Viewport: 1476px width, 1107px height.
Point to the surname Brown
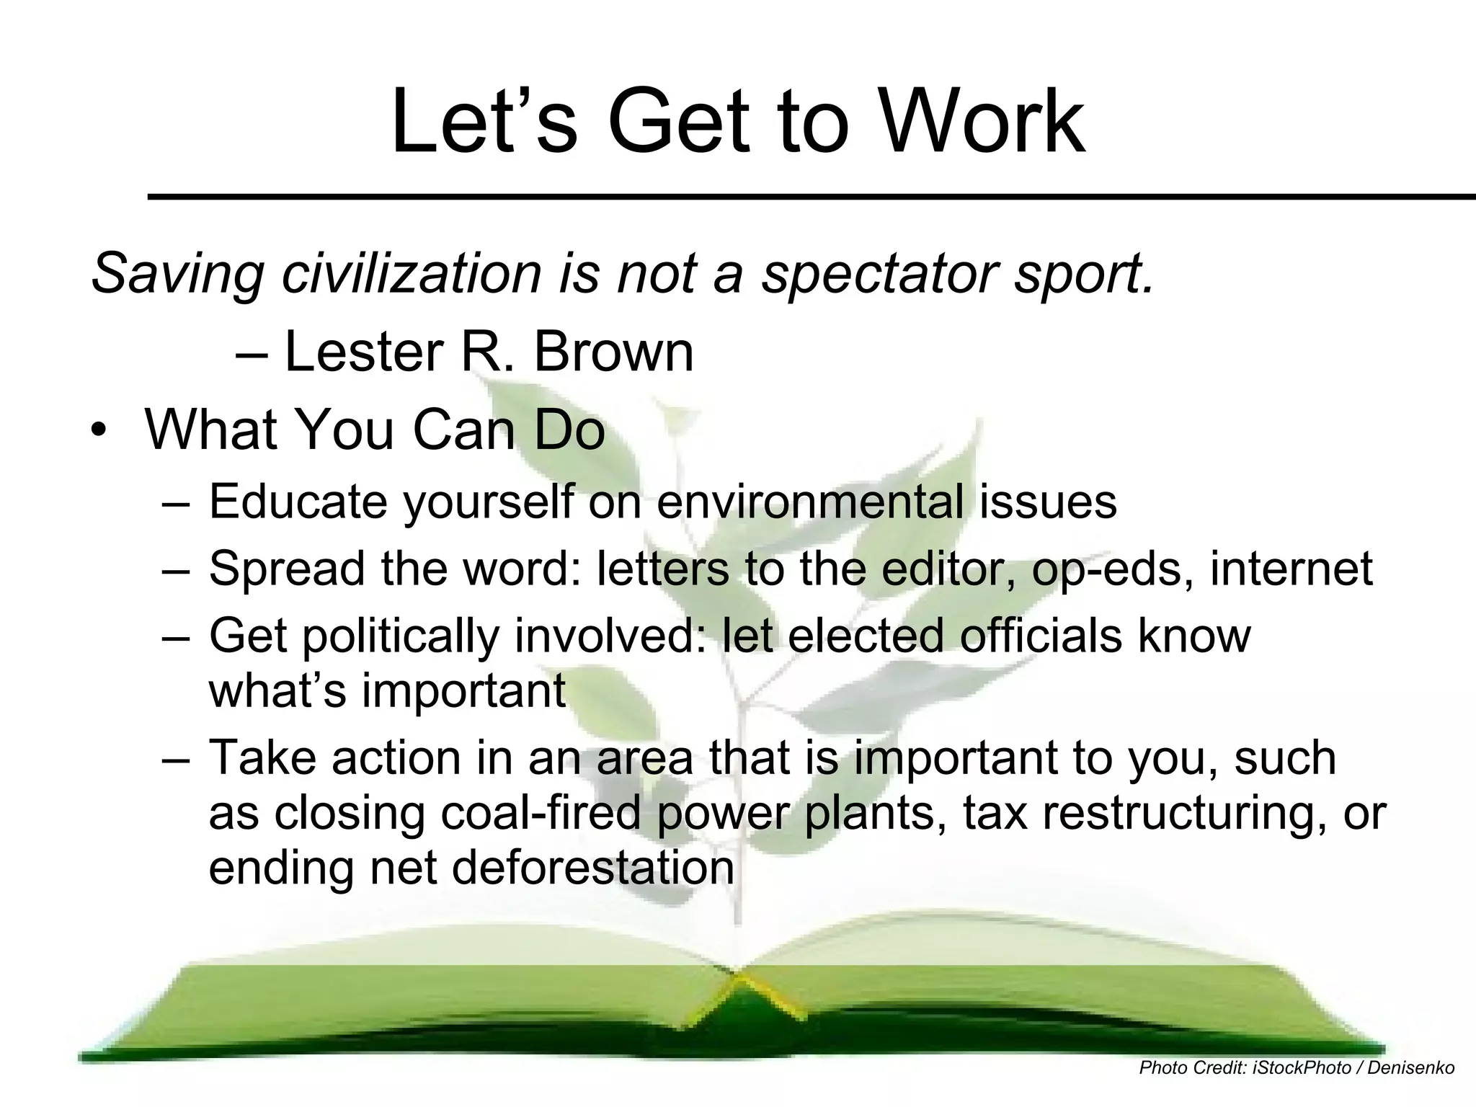point(613,352)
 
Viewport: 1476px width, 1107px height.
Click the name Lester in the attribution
point(364,352)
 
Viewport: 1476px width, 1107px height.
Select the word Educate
point(298,502)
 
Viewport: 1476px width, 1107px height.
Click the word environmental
point(810,502)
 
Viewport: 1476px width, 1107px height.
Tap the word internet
point(1291,569)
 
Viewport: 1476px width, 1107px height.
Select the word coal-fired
point(540,814)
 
